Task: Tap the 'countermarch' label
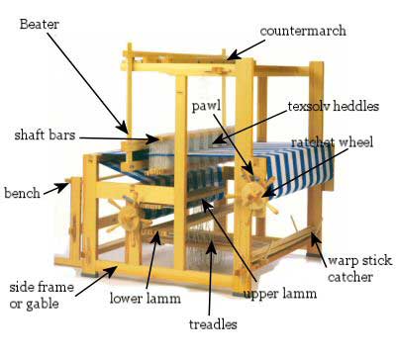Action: point(303,31)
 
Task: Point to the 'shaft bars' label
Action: point(49,134)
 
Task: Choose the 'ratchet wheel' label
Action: point(332,143)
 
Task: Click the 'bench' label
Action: point(23,192)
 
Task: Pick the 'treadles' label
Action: point(212,323)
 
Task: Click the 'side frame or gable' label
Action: point(41,293)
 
